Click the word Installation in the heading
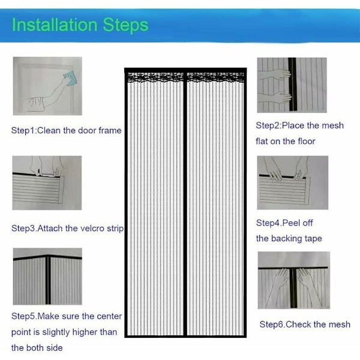55,25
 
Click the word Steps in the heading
125,25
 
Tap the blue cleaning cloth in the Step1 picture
69,79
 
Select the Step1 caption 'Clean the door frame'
79,130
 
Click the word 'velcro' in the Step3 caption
88,229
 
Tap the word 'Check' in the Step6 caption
298,325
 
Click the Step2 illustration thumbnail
292,85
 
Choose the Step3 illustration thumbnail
47,183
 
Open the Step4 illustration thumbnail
293,182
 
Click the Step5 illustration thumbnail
47,277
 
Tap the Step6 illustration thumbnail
294,280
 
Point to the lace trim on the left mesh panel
155,77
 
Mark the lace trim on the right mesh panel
215,77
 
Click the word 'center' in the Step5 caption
109,316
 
